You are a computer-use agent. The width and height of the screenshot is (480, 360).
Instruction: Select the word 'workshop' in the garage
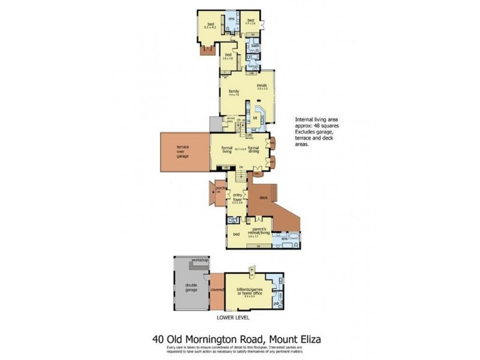[x=199, y=261]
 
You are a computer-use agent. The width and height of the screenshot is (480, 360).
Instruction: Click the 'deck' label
[x=262, y=197]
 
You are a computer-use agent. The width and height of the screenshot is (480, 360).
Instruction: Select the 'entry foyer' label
[x=238, y=198]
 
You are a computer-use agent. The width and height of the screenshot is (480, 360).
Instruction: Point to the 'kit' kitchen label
[x=255, y=118]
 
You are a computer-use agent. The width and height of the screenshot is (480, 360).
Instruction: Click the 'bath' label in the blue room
[x=255, y=46]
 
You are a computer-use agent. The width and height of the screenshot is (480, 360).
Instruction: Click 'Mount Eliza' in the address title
[x=296, y=340]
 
